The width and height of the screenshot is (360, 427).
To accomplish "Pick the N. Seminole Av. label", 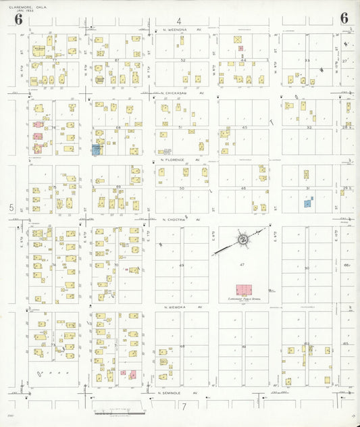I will tap(179, 393).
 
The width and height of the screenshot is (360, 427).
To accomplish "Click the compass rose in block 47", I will tap(242, 240).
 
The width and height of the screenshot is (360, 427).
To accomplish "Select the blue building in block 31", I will tap(308, 202).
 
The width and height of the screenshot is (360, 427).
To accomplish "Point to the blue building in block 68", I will tap(96, 149).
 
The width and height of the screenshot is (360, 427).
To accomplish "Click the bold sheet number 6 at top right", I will tap(344, 18).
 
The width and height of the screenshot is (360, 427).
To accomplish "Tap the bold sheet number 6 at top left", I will tap(18, 18).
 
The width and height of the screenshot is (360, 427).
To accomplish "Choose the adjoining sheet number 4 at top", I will tap(180, 21).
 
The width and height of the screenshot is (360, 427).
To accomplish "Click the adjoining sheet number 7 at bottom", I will tap(183, 407).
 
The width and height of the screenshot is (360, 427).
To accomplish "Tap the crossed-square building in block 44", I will tap(238, 40).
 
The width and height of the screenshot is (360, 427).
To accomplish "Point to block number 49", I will tap(182, 266).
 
